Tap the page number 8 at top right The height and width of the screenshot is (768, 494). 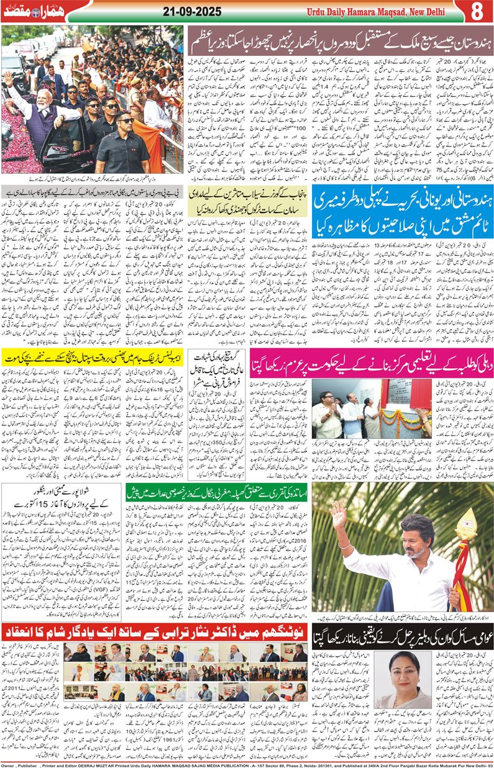pos(478,12)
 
